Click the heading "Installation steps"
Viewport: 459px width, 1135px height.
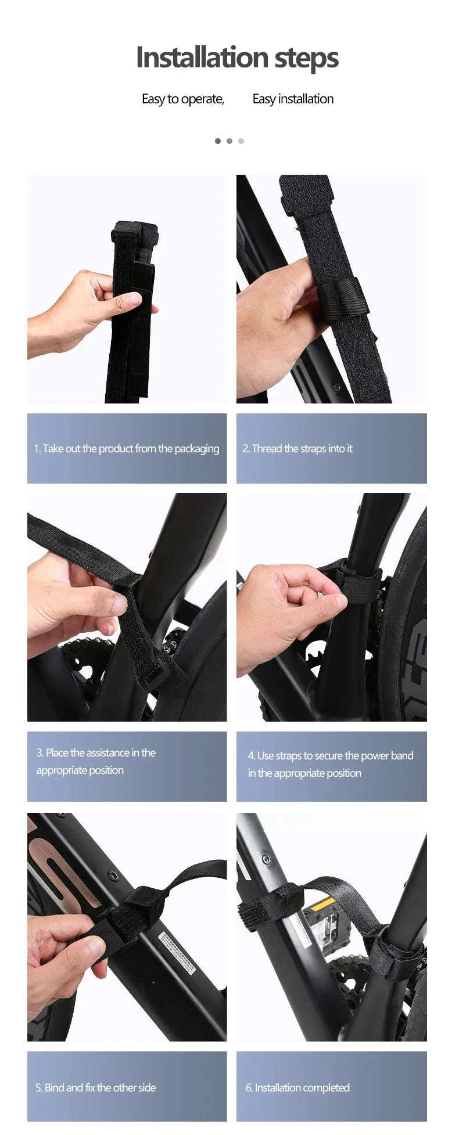[x=237, y=57]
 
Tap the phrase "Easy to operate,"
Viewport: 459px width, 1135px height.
[x=183, y=99]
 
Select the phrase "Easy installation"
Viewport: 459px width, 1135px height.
[x=293, y=99]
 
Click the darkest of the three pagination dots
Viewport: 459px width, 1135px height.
[x=218, y=141]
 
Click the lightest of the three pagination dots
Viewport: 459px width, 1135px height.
[x=241, y=141]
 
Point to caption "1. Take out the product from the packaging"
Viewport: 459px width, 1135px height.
[x=126, y=448]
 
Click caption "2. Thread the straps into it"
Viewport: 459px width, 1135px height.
[x=297, y=448]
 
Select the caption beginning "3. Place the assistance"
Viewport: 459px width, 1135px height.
[x=96, y=761]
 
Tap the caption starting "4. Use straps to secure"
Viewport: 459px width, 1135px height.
[x=330, y=764]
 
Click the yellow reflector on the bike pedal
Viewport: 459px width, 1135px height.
[x=323, y=905]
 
